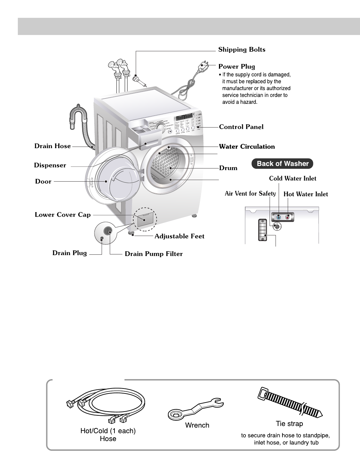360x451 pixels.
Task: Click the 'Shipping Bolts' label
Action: [x=241, y=49]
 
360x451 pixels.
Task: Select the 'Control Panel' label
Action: [x=241, y=127]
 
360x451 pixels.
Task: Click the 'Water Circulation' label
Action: [x=247, y=146]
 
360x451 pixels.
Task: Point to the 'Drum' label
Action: [x=228, y=168]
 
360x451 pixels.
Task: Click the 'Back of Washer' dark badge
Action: [x=282, y=163]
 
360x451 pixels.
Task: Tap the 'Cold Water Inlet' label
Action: [x=293, y=178]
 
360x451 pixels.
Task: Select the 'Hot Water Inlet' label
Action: [x=306, y=194]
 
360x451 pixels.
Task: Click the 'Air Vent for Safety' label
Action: [x=250, y=193]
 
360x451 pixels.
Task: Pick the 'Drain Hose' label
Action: [x=53, y=146]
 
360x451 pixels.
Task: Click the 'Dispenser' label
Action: [x=50, y=165]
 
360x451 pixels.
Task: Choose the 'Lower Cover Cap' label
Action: [x=63, y=215]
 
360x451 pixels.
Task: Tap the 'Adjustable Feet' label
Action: [x=179, y=236]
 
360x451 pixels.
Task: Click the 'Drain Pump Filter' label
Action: [x=154, y=254]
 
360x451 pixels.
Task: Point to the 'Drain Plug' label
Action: [x=69, y=253]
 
